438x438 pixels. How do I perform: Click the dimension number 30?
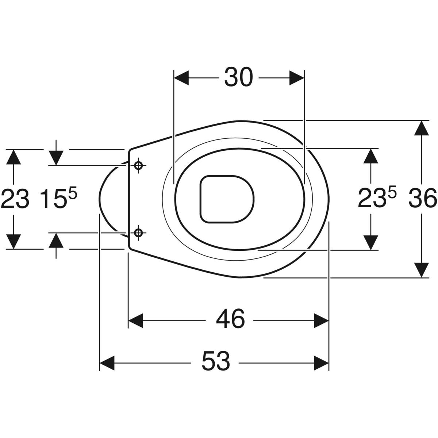point(238,77)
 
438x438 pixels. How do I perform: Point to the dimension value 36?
point(423,199)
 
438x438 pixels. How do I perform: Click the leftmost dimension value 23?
point(15,199)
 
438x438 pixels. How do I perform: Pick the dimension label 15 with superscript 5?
point(59,198)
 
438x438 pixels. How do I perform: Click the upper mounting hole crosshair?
point(138,165)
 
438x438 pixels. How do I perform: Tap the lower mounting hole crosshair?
point(138,233)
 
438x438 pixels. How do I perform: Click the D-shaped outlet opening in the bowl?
point(227,199)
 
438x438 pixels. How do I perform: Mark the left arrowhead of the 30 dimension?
point(181,78)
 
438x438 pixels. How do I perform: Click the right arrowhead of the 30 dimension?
point(297,78)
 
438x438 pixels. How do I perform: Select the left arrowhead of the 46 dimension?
point(136,320)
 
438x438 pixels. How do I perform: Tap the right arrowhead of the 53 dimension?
point(322,363)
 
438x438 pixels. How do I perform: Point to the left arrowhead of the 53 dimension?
point(107,363)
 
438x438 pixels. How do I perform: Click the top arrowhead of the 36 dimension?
point(422,128)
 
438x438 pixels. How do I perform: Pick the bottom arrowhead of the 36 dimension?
point(422,270)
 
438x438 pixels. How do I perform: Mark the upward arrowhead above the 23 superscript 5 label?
point(371,156)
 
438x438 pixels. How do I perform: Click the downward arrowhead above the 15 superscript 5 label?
point(56,158)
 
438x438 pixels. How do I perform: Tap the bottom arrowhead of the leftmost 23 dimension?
point(14,242)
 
